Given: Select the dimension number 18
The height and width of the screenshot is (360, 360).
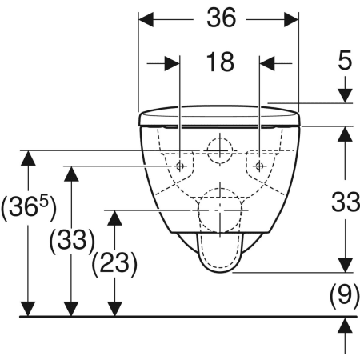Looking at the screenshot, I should (219, 62).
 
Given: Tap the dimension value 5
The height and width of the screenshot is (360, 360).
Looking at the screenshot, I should (344, 62).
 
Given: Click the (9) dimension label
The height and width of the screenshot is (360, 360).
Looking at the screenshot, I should (344, 298).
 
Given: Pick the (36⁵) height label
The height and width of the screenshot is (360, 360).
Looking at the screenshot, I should (29, 210).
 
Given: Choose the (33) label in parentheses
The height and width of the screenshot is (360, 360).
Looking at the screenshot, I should (71, 240).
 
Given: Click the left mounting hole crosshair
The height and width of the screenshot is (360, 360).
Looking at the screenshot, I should (180, 166).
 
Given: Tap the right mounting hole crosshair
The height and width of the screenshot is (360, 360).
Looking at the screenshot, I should (259, 166).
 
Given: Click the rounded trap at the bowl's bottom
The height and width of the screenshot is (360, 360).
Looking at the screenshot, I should (218, 254).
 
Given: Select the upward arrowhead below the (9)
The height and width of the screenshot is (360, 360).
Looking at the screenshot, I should (345, 325).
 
